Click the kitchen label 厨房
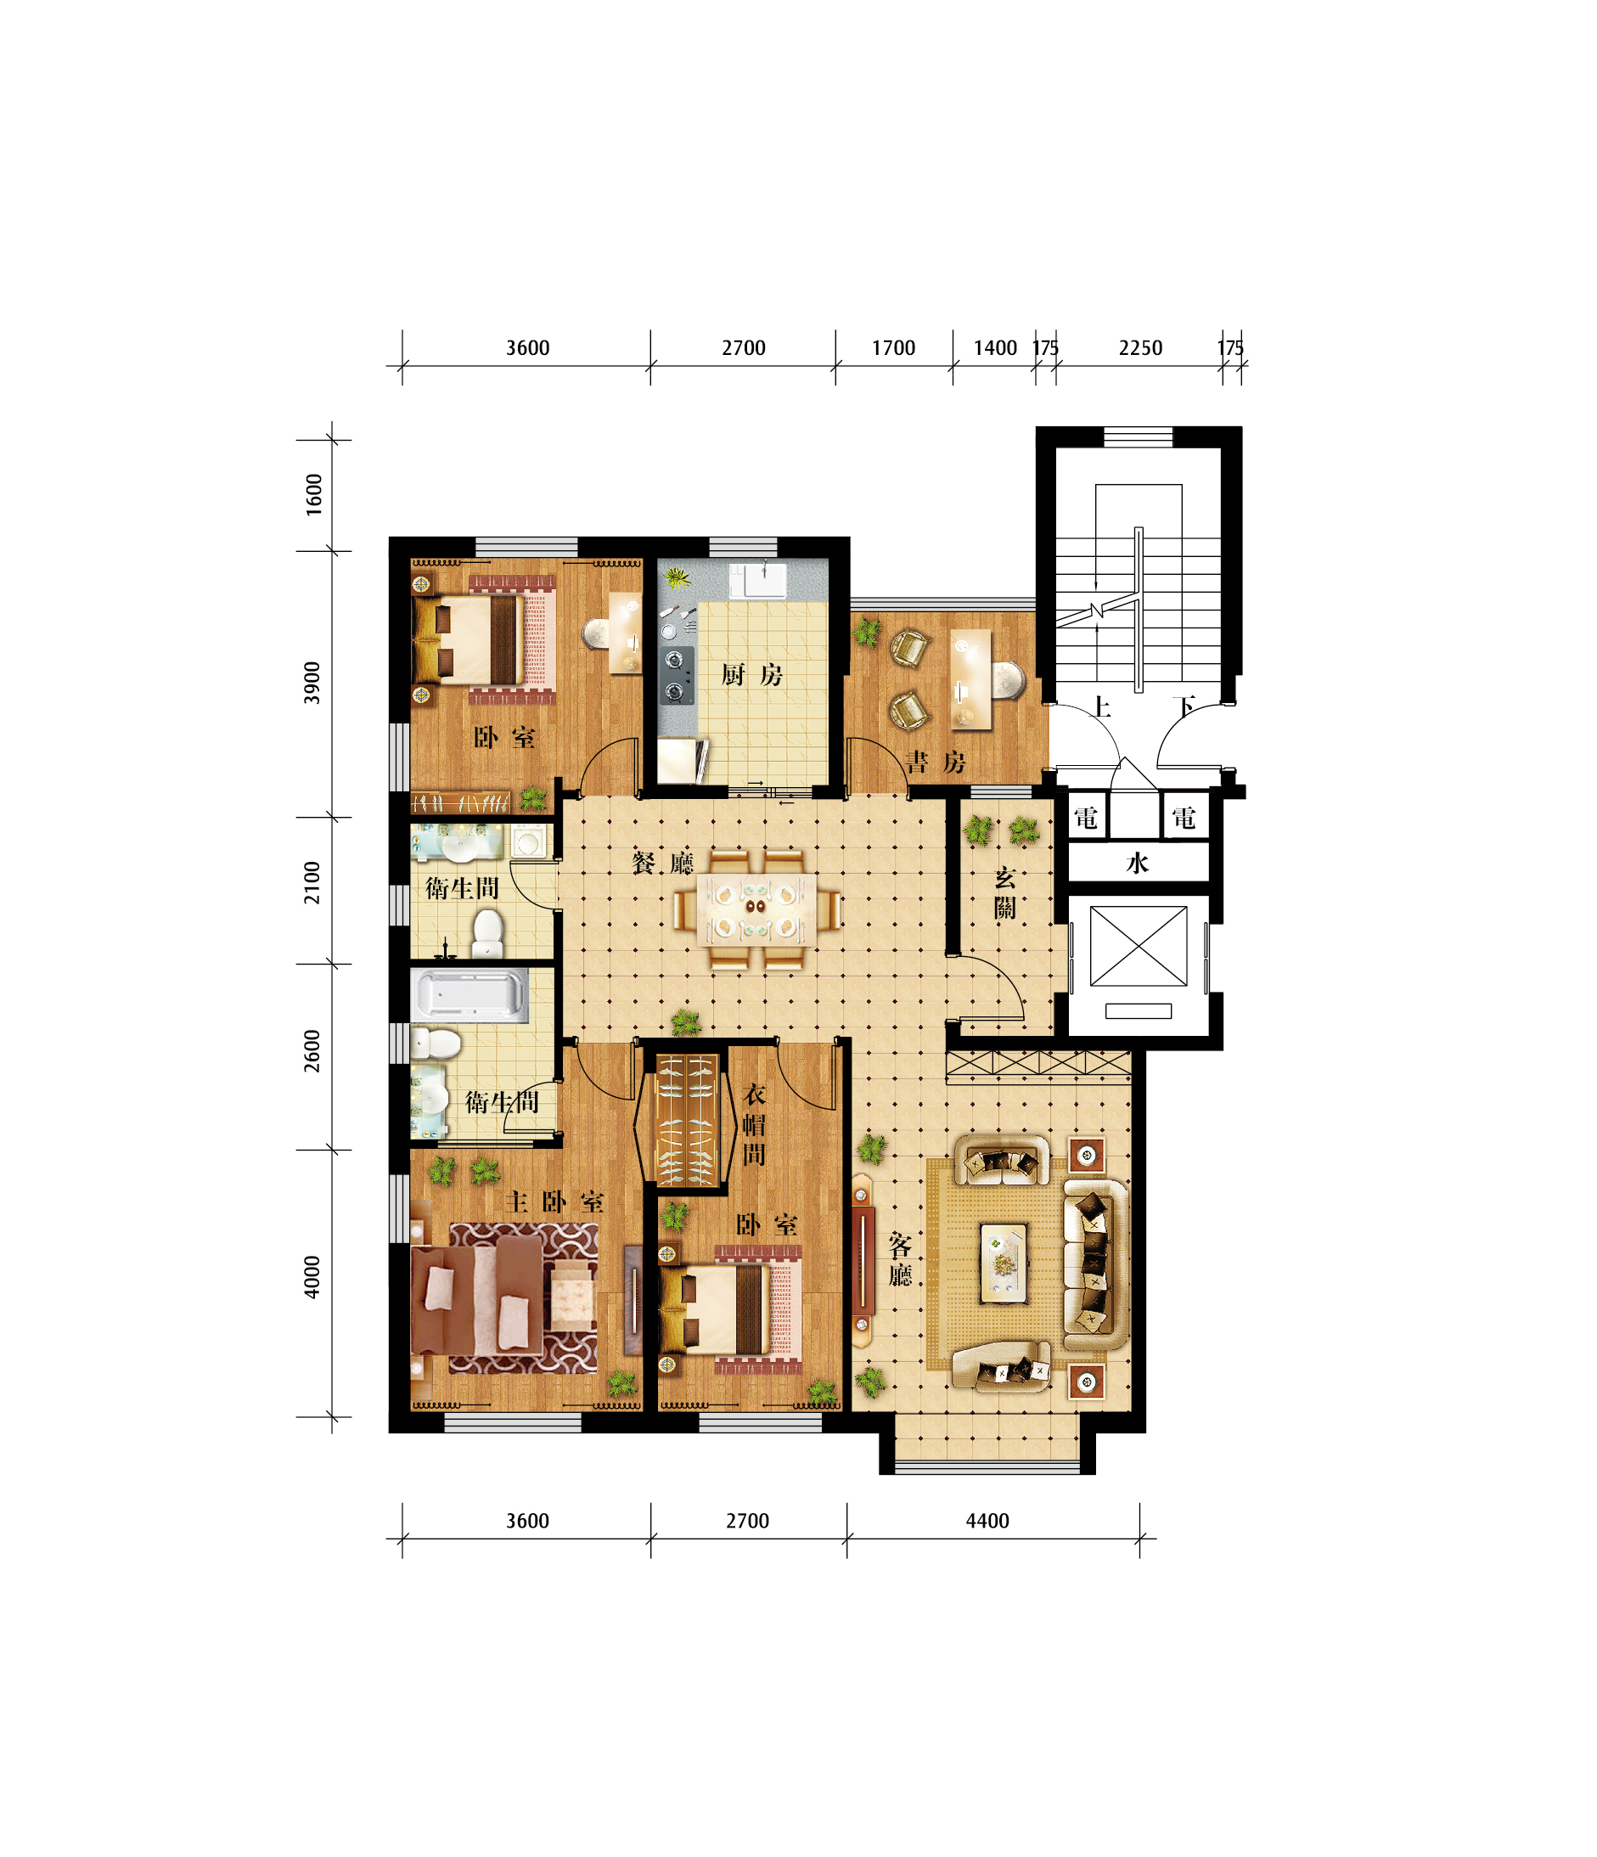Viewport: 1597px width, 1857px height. [x=752, y=675]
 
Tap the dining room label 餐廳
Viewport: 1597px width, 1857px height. [x=662, y=863]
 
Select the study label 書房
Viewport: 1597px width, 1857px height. [x=936, y=762]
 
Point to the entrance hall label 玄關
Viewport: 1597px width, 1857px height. [x=1004, y=892]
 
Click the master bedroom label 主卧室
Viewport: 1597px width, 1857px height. [x=554, y=1201]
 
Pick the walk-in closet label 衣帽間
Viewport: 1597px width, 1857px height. [x=754, y=1125]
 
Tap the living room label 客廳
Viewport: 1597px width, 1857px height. [x=900, y=1259]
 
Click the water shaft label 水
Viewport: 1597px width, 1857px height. [x=1138, y=863]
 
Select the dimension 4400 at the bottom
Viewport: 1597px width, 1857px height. [x=987, y=1521]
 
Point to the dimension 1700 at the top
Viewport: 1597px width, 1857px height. [x=893, y=348]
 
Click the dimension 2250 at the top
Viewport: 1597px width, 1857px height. [x=1140, y=348]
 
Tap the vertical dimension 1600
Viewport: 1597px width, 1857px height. [x=312, y=494]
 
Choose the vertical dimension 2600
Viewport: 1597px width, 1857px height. [x=311, y=1050]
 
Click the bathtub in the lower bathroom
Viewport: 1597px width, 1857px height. [x=469, y=994]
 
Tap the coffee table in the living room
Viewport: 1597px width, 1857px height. [x=1004, y=1263]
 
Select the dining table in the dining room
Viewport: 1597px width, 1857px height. [x=756, y=909]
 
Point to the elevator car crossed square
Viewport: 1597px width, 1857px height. [x=1139, y=946]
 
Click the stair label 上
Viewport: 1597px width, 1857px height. [x=1101, y=707]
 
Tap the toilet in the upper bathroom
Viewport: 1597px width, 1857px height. [x=487, y=933]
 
